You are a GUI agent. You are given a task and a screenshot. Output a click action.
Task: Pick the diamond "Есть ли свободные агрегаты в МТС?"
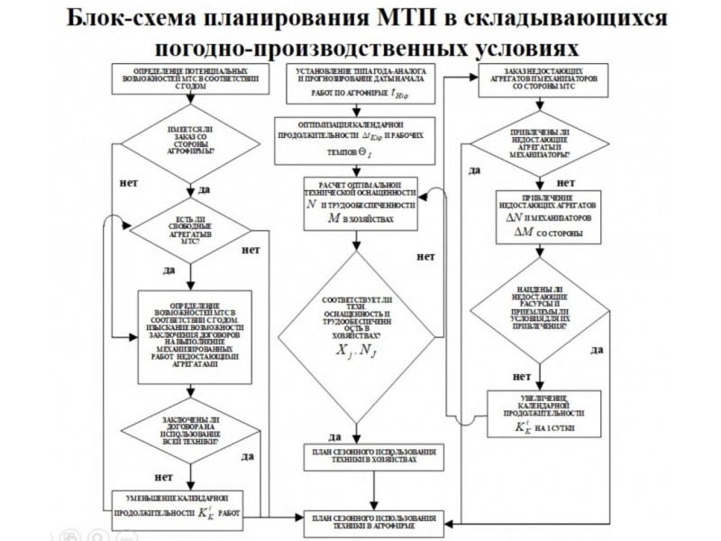tap(189, 231)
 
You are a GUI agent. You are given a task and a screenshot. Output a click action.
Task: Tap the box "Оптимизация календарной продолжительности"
tap(359, 140)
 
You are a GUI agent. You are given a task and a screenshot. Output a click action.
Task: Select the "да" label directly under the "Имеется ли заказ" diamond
tap(204, 190)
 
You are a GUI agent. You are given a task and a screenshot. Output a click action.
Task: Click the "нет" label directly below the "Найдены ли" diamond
tap(521, 376)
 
